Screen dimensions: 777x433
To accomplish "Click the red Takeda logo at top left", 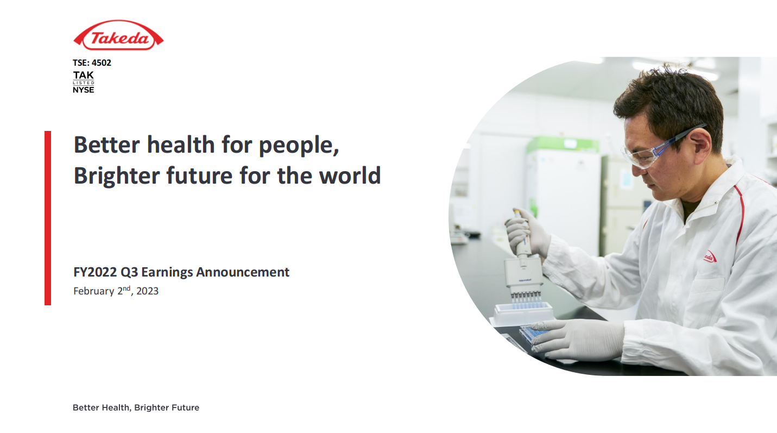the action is click(x=118, y=35).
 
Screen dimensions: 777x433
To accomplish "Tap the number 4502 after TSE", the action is click(x=102, y=63).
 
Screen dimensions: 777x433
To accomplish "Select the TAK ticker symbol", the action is click(x=83, y=76).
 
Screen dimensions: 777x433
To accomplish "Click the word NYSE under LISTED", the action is click(x=83, y=90).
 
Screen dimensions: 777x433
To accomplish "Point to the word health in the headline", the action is click(x=181, y=145).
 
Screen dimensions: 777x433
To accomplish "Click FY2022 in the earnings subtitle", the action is click(x=95, y=272).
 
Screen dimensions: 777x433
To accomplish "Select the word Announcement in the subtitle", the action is click(x=243, y=272).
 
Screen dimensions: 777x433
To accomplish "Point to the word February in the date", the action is click(x=93, y=291).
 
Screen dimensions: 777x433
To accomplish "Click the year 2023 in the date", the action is click(x=148, y=291).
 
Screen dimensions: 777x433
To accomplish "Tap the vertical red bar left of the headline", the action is click(x=48, y=218).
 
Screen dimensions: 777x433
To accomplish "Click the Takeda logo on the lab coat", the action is click(x=710, y=257).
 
